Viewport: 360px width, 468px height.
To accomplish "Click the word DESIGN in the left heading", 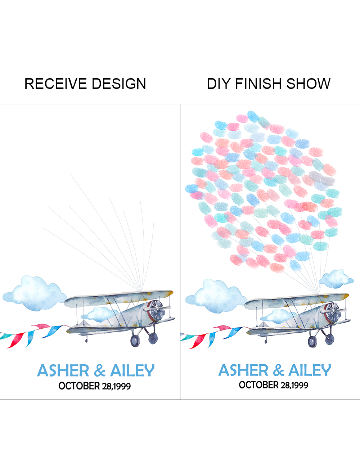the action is point(119,84).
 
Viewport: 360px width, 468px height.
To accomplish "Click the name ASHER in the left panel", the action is point(63,370).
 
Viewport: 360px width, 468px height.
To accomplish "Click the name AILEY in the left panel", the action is point(132,370).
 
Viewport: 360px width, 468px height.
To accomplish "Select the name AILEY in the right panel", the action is point(310,370).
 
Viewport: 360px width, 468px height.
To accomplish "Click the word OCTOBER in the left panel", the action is point(79,386).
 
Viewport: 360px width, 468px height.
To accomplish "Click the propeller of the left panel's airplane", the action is point(157,310).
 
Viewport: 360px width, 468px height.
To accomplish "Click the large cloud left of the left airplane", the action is point(35,293).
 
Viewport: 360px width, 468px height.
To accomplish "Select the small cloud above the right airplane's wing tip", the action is point(336,279).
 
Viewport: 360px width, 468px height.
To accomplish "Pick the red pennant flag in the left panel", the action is point(15,340).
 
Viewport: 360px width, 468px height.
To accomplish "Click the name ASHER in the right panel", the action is point(243,370).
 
